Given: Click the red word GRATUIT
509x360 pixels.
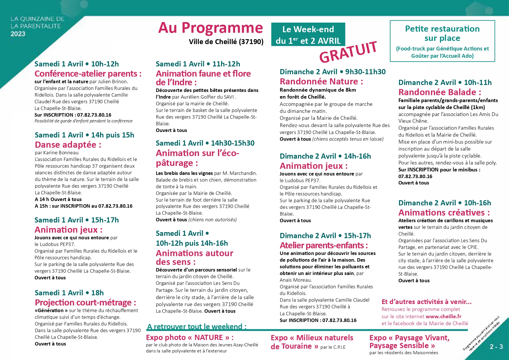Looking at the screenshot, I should point(348,52).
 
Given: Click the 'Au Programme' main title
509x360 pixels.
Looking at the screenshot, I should point(210,28).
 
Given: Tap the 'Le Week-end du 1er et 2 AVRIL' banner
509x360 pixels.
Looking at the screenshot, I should point(308,35).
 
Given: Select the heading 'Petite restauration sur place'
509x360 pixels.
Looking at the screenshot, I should point(442,33).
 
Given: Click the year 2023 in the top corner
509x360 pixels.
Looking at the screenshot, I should point(18,34).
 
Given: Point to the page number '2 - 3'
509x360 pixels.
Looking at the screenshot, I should point(496,347).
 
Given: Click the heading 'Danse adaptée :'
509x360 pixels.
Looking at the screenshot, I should point(68,145).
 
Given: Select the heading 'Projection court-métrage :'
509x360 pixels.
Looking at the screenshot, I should point(85,303).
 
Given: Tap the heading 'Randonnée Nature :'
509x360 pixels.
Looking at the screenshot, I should point(321,82).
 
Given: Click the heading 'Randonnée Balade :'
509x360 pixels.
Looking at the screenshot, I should point(440,92).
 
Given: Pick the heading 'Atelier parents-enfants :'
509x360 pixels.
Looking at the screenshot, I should point(324,245).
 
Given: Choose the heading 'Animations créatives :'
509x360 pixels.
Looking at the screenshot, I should point(444,213).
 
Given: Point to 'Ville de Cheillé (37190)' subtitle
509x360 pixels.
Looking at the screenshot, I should point(226,42).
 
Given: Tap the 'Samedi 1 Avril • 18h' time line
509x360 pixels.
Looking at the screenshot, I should point(69,293).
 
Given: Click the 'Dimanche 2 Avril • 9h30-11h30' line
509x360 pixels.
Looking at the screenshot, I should point(333,72).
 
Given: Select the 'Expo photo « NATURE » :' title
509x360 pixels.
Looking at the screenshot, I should point(190,338).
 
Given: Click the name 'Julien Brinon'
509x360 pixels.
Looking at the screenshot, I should point(112,82).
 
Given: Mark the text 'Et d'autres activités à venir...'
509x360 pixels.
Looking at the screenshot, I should point(426,302).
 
